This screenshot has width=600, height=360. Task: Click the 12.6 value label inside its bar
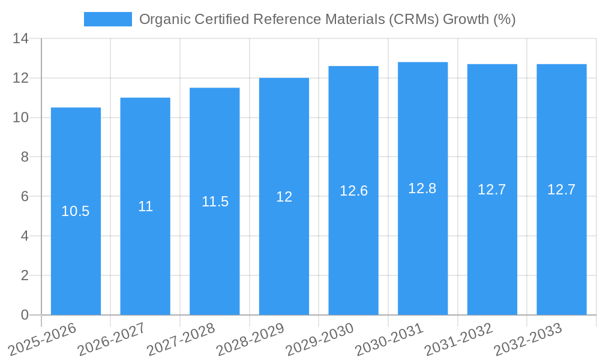pyautogui.click(x=353, y=191)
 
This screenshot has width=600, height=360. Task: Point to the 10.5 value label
pyautogui.click(x=76, y=211)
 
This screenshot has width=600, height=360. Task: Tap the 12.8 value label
pyautogui.click(x=422, y=188)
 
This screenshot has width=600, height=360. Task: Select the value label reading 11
pyautogui.click(x=145, y=206)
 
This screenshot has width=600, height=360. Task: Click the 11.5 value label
pyautogui.click(x=215, y=202)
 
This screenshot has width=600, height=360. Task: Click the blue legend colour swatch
pyautogui.click(x=108, y=19)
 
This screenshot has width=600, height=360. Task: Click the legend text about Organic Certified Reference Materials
pyautogui.click(x=327, y=19)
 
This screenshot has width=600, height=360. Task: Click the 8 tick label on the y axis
pyautogui.click(x=25, y=157)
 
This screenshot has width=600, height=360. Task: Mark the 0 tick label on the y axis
pyautogui.click(x=25, y=315)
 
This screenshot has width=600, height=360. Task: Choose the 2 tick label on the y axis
pyautogui.click(x=25, y=275)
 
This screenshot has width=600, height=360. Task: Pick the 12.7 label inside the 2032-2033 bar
pyautogui.click(x=561, y=190)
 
